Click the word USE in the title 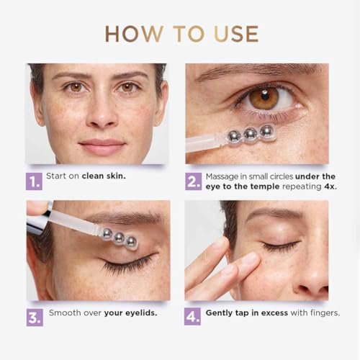click(x=236, y=34)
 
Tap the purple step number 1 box click(x=34, y=181)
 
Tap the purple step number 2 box click(x=193, y=181)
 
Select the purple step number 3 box click(x=35, y=318)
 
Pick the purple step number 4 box click(x=192, y=317)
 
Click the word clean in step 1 click(x=93, y=176)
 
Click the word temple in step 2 click(x=265, y=186)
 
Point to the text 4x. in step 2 click(x=330, y=186)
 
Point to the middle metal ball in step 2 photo click(x=250, y=134)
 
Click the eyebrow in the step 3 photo click(x=125, y=217)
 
